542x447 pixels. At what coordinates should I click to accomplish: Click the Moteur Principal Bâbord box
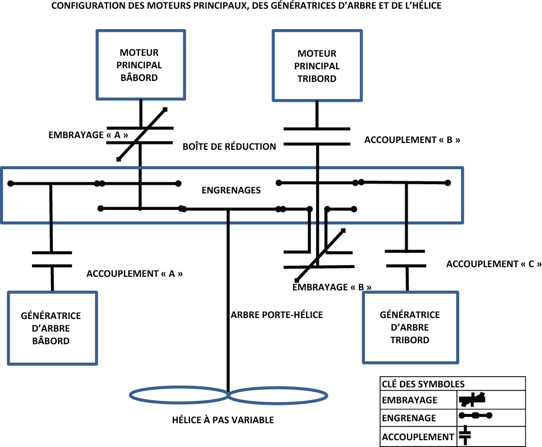[140, 65]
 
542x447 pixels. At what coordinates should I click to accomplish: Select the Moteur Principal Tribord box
[317, 66]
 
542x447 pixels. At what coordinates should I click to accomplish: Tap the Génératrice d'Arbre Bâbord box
[51, 328]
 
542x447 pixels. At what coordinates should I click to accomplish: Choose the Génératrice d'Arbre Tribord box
[410, 327]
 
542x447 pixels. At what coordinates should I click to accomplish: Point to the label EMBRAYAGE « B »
[332, 287]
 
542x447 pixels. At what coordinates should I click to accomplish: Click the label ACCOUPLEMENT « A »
[134, 273]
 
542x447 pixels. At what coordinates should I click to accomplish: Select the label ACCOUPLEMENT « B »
[412, 140]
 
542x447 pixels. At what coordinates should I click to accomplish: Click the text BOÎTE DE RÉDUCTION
[229, 146]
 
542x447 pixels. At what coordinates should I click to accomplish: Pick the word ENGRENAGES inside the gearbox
[231, 191]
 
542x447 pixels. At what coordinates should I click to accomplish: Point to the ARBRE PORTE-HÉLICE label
[277, 315]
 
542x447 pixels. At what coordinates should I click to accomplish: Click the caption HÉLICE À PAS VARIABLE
[223, 420]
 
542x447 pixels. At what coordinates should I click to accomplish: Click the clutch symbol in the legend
[472, 399]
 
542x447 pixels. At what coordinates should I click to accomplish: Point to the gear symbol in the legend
[475, 415]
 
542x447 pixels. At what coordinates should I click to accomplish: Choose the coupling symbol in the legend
[465, 435]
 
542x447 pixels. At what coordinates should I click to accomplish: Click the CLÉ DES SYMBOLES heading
[416, 384]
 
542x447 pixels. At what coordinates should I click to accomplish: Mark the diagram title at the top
[246, 7]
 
